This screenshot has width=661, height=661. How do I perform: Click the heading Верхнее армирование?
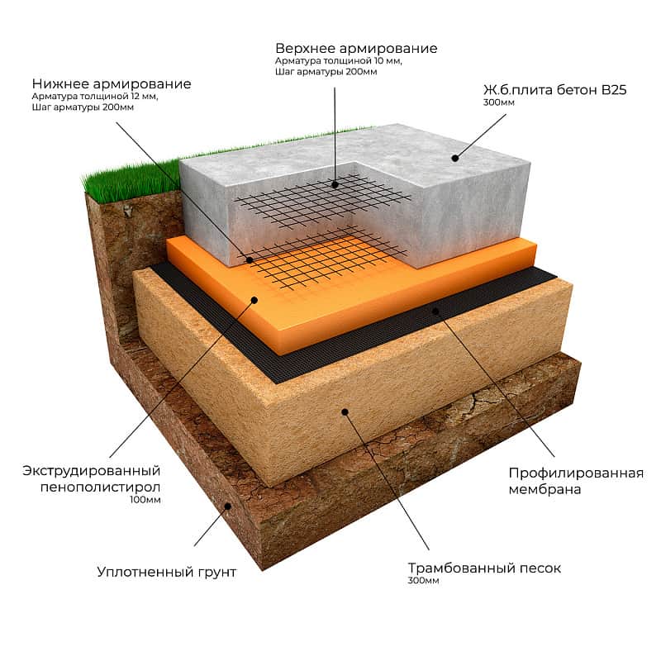tap(356, 49)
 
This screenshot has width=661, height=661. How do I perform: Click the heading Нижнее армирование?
tap(112, 84)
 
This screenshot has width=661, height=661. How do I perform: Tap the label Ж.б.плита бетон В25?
tap(554, 90)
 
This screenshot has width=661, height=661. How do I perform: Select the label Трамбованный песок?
tap(484, 568)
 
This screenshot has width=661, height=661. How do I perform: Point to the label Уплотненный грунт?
tap(167, 572)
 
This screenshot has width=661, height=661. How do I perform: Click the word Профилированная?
tap(576, 473)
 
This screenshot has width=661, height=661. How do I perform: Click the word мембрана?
tap(544, 489)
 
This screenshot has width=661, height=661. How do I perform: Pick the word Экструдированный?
tap(92, 470)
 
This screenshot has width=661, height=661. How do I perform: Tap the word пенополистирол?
tap(100, 487)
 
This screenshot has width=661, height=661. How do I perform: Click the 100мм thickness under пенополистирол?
tap(145, 500)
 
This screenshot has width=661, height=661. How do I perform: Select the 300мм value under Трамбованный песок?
tap(423, 581)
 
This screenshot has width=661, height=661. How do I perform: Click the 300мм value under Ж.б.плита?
tap(499, 102)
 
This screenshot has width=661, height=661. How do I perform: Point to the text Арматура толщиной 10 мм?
tap(339, 61)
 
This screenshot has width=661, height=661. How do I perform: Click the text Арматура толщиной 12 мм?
tap(95, 97)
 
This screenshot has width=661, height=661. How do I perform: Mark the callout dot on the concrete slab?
tap(455, 159)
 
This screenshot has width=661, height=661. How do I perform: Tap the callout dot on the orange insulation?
tap(254, 300)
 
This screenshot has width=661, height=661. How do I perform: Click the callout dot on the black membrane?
tap(436, 311)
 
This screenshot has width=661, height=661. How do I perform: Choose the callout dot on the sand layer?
tap(345, 411)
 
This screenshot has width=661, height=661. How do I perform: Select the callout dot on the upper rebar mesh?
tap(335, 184)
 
